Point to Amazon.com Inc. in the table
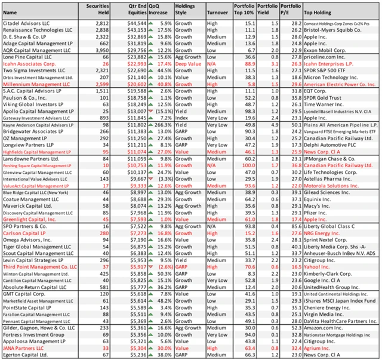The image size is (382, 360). click(x=325, y=327)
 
